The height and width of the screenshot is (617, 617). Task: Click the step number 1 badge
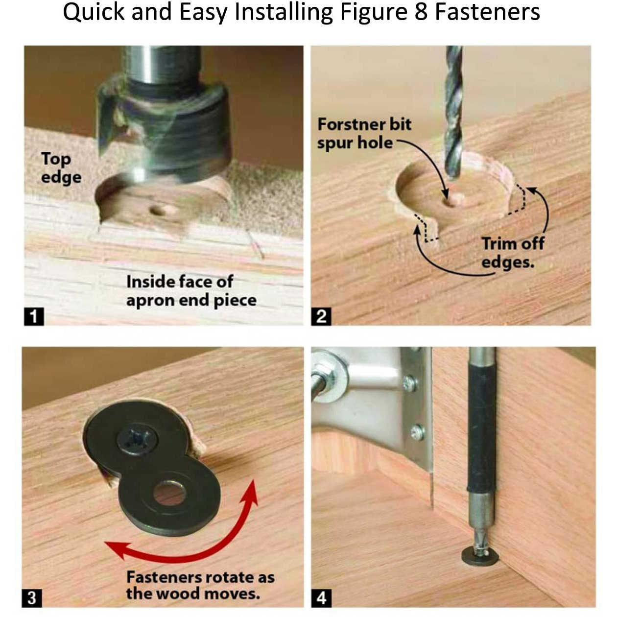click(x=34, y=316)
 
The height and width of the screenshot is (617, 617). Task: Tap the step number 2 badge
click(x=321, y=316)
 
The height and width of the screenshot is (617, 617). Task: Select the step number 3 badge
click(x=32, y=598)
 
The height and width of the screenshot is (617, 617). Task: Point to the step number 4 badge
click(x=321, y=598)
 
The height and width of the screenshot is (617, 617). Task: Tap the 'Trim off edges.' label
click(x=512, y=253)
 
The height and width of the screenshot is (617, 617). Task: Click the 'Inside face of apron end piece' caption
click(x=191, y=291)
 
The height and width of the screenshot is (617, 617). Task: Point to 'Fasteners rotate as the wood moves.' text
click(x=199, y=585)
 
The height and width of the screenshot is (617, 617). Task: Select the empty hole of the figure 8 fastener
click(x=169, y=493)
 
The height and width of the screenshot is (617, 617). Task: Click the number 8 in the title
click(x=421, y=12)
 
